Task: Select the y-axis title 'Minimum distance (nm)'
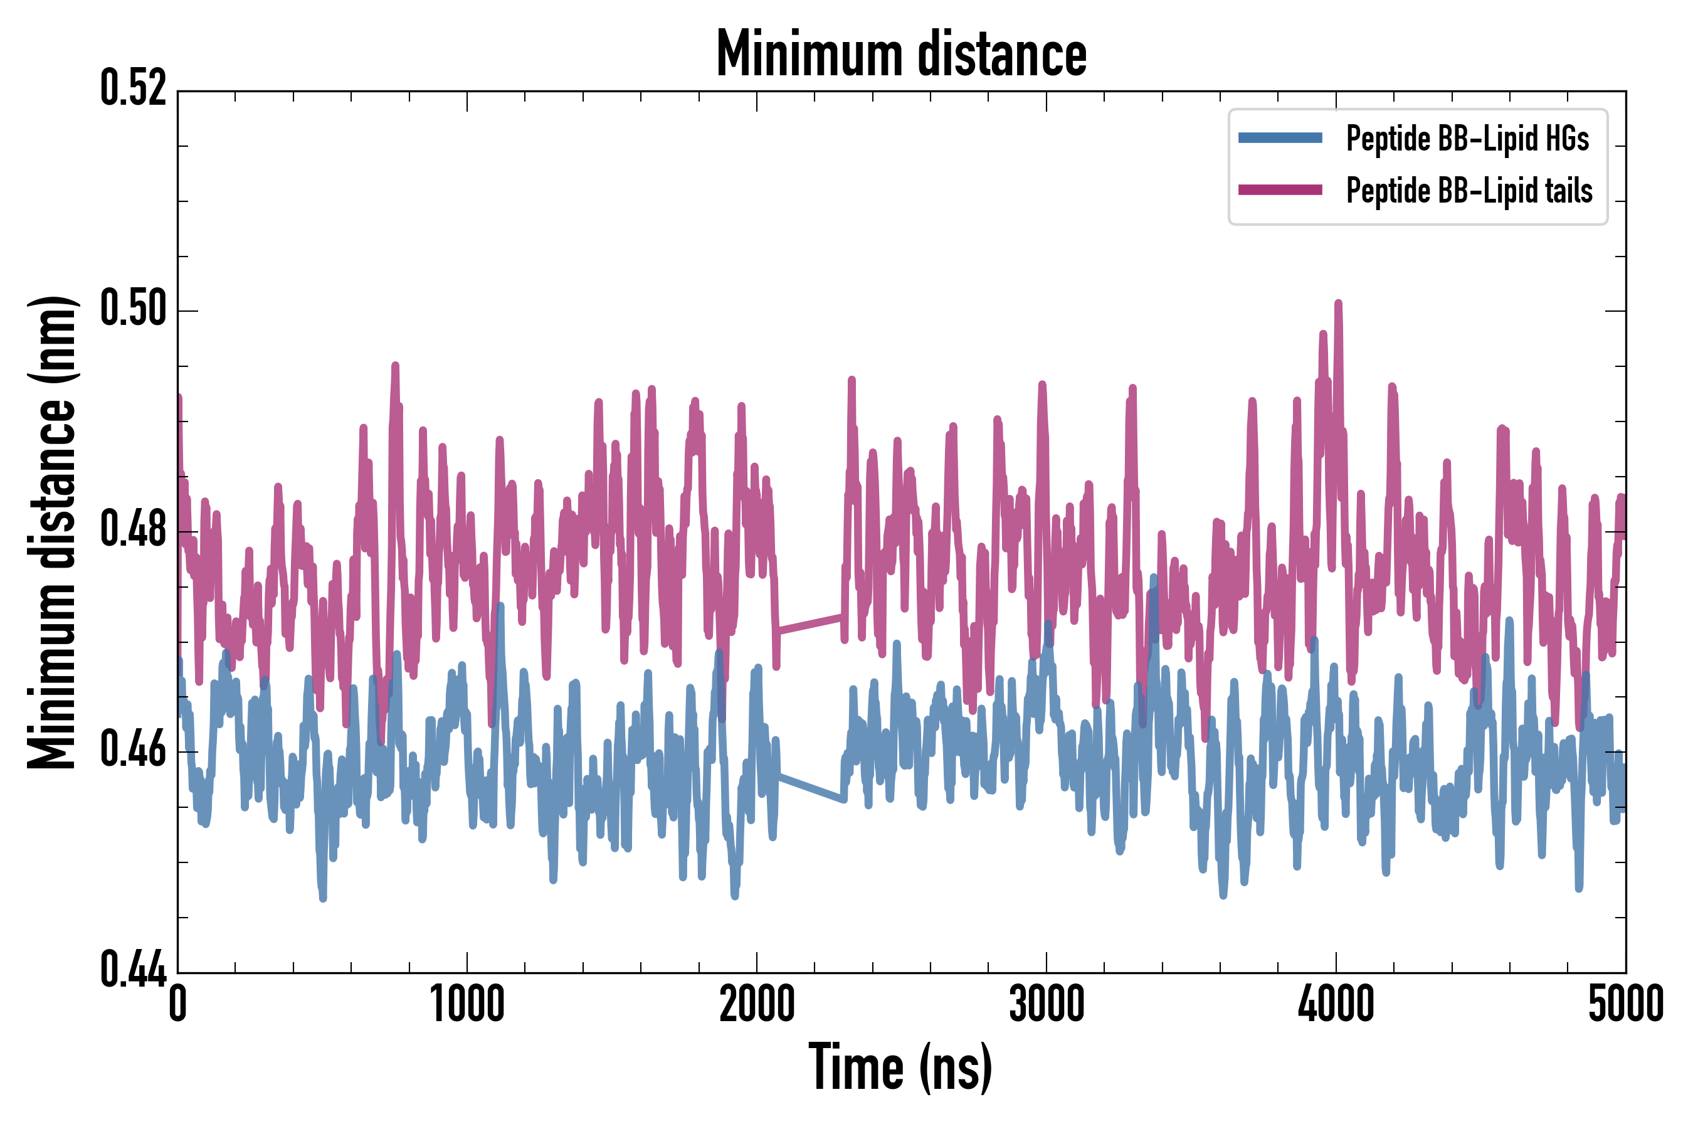[x=51, y=532]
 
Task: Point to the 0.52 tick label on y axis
[x=133, y=88]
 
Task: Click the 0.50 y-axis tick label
[x=133, y=309]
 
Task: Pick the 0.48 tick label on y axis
[x=133, y=530]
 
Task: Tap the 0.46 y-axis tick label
[x=133, y=750]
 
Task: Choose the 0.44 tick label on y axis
[x=133, y=970]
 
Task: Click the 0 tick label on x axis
[x=178, y=1004]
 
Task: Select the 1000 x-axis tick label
[x=467, y=1004]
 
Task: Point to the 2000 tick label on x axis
[x=757, y=1004]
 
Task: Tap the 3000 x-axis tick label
[x=1046, y=1004]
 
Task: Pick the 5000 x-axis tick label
[x=1625, y=1004]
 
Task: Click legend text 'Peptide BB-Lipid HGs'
[x=1467, y=138]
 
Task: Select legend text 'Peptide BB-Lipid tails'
[x=1469, y=191]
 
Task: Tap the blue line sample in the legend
[x=1280, y=138]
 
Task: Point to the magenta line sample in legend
[x=1280, y=190]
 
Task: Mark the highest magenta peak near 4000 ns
[x=1338, y=304]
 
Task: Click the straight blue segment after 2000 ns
[x=810, y=788]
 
